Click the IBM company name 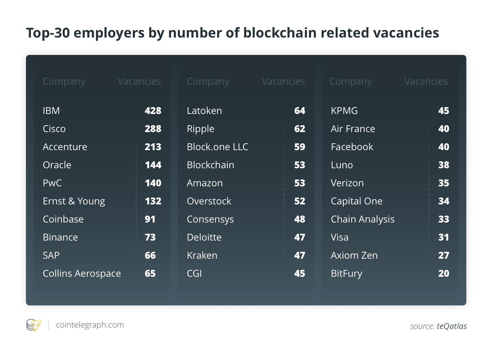pyautogui.click(x=51, y=111)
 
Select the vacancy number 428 pyautogui.click(x=153, y=111)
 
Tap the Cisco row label pyautogui.click(x=54, y=129)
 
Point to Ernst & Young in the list pyautogui.click(x=74, y=201)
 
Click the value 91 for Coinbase pyautogui.click(x=150, y=219)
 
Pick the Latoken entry pyautogui.click(x=204, y=111)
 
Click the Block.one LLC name pyautogui.click(x=217, y=147)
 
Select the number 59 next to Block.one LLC pyautogui.click(x=299, y=147)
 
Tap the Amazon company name pyautogui.click(x=204, y=183)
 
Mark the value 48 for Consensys pyautogui.click(x=299, y=219)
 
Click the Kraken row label pyautogui.click(x=202, y=256)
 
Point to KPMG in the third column pyautogui.click(x=344, y=111)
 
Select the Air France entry pyautogui.click(x=353, y=129)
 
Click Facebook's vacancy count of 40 pyautogui.click(x=444, y=147)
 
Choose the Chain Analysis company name pyautogui.click(x=363, y=219)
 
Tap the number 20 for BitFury pyautogui.click(x=444, y=274)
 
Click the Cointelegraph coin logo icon pyautogui.click(x=33, y=325)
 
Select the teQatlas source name pyautogui.click(x=452, y=326)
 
